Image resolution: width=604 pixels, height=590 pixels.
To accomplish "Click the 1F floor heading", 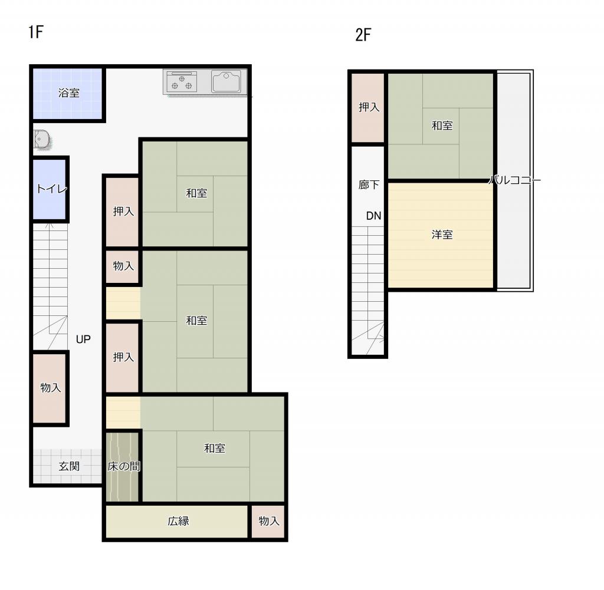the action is pyautogui.click(x=35, y=32).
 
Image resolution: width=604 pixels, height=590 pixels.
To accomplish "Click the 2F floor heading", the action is pyautogui.click(x=363, y=35).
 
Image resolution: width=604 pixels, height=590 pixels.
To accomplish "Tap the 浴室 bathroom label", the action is pyautogui.click(x=69, y=93).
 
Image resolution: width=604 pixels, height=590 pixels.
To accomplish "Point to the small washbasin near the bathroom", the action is pyautogui.click(x=41, y=139).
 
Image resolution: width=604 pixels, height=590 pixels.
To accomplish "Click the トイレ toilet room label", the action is pyautogui.click(x=52, y=189).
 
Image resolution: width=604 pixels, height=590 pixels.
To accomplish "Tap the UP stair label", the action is pyautogui.click(x=83, y=339).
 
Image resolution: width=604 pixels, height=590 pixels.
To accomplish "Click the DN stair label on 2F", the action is pyautogui.click(x=373, y=216).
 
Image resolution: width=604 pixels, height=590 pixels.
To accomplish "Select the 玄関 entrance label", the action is pyautogui.click(x=69, y=466).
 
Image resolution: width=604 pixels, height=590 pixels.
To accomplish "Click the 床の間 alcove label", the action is pyautogui.click(x=124, y=466).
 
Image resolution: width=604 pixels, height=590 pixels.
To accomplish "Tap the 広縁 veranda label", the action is pyautogui.click(x=178, y=521).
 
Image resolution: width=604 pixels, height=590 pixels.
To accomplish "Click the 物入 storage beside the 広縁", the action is pyautogui.click(x=269, y=521).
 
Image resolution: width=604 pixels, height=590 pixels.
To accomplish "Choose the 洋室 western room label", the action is pyautogui.click(x=442, y=235).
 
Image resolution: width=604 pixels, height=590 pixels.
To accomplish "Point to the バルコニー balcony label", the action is pyautogui.click(x=514, y=180).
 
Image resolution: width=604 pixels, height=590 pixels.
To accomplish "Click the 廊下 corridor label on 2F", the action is pyautogui.click(x=369, y=184).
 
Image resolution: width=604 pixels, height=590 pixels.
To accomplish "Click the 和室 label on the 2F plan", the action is pyautogui.click(x=442, y=126).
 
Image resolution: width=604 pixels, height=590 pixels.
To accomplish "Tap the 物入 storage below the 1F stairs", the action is pyautogui.click(x=51, y=388).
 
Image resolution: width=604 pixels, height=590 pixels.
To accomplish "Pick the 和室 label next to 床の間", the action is pyautogui.click(x=215, y=448).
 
